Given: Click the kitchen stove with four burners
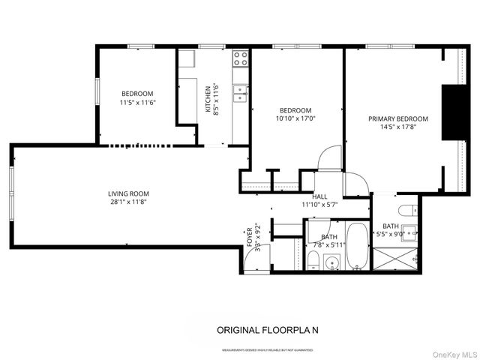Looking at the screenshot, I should point(241,58).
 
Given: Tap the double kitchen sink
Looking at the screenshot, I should point(241,93).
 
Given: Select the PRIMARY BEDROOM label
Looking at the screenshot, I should point(397,119).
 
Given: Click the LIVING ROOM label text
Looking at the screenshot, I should point(124,193).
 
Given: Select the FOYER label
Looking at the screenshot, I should point(250,237).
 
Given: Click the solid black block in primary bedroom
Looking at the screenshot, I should point(452,112).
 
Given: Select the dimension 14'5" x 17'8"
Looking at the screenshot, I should point(397,127).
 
